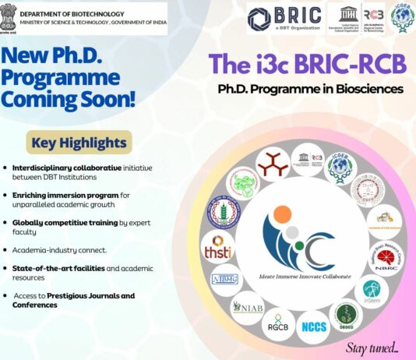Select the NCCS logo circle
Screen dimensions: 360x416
[315, 326]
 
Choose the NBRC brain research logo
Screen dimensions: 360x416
[386, 256]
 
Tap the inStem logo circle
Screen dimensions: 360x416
[372, 291]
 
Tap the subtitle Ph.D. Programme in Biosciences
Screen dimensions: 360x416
[310, 89]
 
